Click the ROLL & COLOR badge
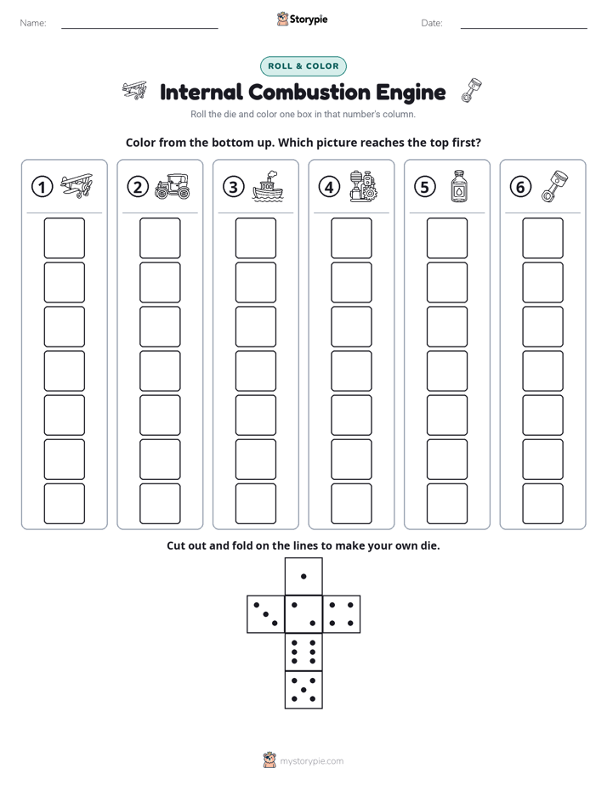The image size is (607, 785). (x=303, y=66)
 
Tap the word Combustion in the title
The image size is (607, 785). (x=309, y=93)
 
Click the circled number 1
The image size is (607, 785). (x=42, y=187)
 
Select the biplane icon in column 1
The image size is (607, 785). (x=77, y=186)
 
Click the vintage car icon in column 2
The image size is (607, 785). (x=173, y=187)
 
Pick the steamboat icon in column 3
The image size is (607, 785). (x=268, y=186)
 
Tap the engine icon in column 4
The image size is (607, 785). (x=364, y=186)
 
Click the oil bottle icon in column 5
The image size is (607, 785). (x=459, y=186)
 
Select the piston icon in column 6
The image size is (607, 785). (x=554, y=186)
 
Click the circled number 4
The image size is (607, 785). (x=329, y=187)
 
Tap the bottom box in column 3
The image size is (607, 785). (x=255, y=504)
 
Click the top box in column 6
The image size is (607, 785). (x=542, y=238)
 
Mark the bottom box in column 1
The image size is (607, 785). (x=64, y=504)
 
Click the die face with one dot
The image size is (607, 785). (x=303, y=576)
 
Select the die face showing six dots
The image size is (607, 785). (x=303, y=652)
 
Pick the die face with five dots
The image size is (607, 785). (x=303, y=690)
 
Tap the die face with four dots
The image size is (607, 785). (x=342, y=614)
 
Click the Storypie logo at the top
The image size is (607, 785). (x=302, y=19)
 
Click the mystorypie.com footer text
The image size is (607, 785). (x=311, y=761)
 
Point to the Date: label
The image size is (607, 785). (x=432, y=23)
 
